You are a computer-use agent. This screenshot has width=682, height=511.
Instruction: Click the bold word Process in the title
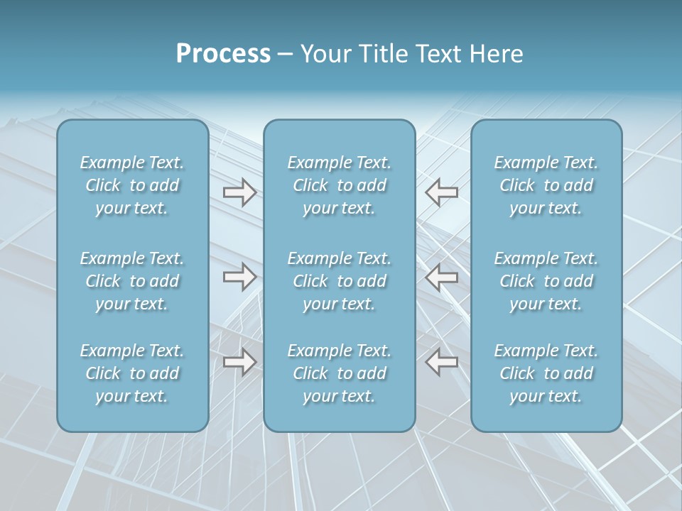click(223, 54)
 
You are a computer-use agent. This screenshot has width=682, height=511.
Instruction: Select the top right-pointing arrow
click(239, 192)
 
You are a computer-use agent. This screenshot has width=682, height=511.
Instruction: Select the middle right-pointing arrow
click(239, 277)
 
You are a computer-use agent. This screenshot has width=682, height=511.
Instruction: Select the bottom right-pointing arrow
click(239, 362)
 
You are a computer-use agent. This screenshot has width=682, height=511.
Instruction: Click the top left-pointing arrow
click(441, 192)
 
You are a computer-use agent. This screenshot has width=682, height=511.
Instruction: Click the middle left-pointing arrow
click(441, 277)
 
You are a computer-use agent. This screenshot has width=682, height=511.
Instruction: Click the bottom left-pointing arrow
click(441, 362)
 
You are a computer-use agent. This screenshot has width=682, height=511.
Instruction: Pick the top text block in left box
click(132, 185)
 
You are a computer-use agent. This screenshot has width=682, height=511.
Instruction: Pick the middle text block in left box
click(132, 281)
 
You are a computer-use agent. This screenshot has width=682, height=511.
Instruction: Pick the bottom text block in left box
click(132, 373)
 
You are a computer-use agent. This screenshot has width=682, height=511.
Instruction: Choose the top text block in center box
click(340, 185)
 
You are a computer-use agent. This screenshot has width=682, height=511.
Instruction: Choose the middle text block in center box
click(340, 281)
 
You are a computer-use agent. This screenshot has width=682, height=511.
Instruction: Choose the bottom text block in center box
click(340, 373)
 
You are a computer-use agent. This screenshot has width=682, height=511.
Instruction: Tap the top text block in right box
click(546, 185)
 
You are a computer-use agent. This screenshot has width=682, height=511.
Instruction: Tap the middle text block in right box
click(546, 281)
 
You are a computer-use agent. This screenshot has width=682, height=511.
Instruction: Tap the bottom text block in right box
click(546, 373)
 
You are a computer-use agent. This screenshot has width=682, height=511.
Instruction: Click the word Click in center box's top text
click(310, 185)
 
